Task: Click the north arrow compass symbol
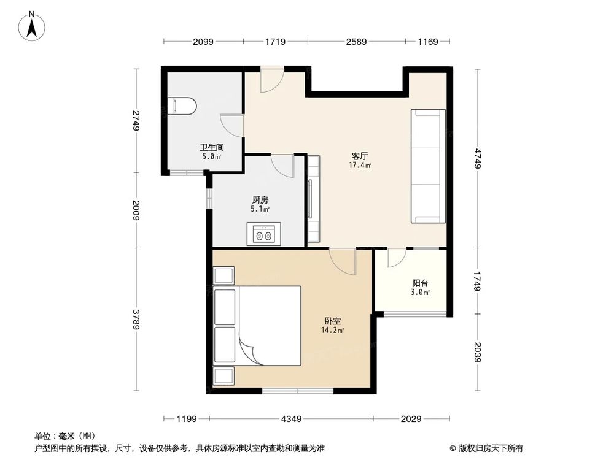(32, 26)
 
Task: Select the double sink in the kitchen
(263, 234)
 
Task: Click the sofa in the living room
(428, 166)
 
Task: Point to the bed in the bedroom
(258, 326)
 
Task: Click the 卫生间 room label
(211, 147)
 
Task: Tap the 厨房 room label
(260, 200)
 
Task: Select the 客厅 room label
(360, 156)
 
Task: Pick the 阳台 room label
(420, 283)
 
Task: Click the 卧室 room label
(332, 321)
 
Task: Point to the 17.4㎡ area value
(360, 165)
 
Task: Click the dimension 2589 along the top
(356, 42)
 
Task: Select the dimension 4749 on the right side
(477, 158)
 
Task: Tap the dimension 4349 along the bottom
(291, 419)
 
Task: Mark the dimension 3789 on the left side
(136, 319)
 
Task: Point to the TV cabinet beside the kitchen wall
(314, 199)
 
